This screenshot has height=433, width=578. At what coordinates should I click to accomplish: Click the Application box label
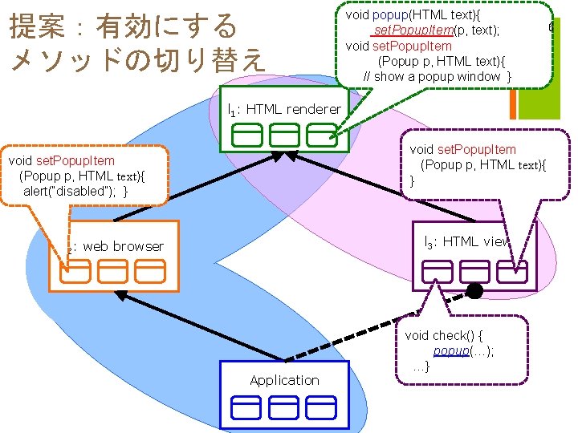[284, 380]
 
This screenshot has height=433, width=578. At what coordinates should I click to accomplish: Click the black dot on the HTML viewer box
[475, 290]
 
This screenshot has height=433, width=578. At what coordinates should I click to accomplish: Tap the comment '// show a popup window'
[438, 76]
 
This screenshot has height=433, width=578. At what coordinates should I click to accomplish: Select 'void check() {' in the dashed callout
[449, 335]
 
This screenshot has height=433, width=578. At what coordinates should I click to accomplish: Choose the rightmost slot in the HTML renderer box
[322, 135]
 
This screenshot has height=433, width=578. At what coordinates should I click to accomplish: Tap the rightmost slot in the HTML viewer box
[511, 273]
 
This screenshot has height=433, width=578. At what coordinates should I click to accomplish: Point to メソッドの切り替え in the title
[136, 60]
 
